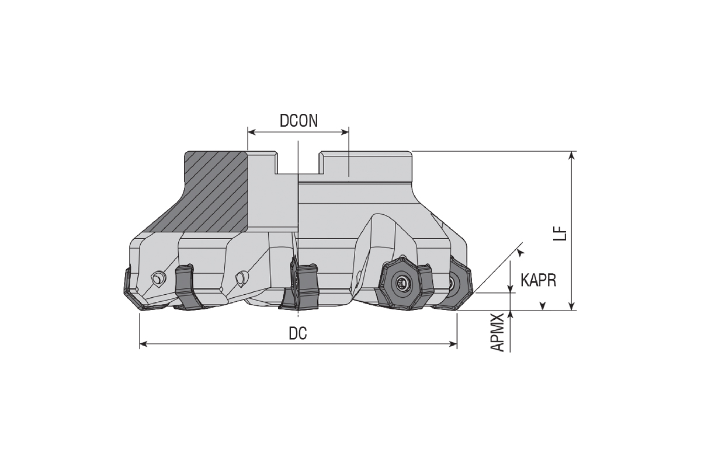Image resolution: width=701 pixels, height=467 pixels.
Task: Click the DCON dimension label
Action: pos(299,121)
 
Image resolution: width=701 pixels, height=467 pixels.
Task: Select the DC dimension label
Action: pos(297,333)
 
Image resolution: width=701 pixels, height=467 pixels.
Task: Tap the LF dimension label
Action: pos(560,233)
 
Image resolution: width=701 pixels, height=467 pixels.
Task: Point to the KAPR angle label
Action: pos(539,280)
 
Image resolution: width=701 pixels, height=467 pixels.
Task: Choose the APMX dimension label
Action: pos(497,333)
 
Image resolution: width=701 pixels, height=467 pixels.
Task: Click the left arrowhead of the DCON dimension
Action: pos(252,133)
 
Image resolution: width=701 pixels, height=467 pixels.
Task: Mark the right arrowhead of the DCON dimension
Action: pos(345,133)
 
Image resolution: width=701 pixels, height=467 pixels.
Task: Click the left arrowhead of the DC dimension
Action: pos(144,344)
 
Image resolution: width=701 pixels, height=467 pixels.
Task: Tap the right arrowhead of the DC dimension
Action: pos(453,344)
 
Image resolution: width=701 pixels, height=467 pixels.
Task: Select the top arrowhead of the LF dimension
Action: pos(572,155)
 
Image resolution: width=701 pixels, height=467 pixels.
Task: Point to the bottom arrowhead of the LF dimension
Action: pos(572,306)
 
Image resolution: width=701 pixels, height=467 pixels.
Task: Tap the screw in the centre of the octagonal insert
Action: pos(401,283)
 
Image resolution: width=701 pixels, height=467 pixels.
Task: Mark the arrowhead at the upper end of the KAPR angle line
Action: pos(520,252)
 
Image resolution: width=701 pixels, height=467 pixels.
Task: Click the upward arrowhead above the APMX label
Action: pos(511,315)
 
